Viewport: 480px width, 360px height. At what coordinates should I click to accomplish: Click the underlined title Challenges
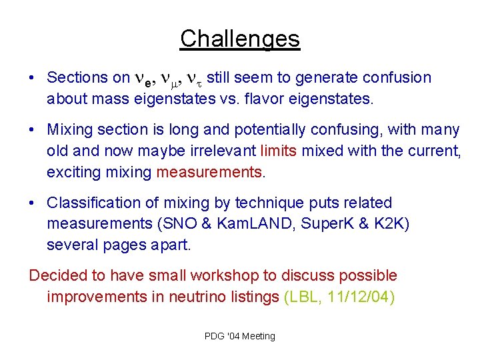(x=240, y=39)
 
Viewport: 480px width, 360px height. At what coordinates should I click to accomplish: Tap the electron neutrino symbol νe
(x=144, y=79)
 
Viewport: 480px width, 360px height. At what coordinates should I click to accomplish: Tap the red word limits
(x=279, y=151)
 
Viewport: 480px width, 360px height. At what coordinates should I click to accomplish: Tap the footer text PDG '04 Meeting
(x=239, y=336)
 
